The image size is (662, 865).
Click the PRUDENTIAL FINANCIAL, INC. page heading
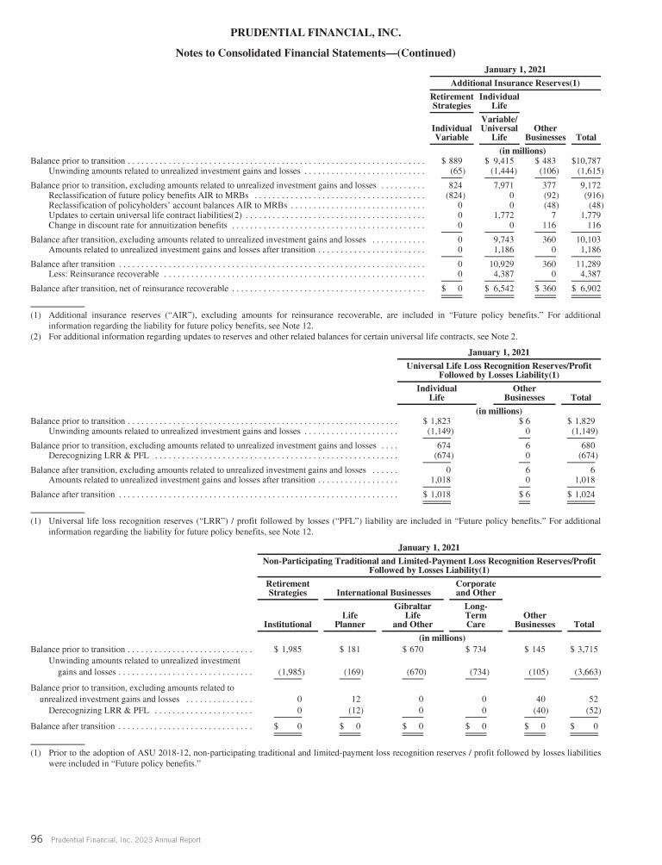coord(315,33)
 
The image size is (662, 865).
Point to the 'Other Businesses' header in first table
coord(545,132)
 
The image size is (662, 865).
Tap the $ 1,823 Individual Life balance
coord(437,420)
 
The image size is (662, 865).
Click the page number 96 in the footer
coord(37,838)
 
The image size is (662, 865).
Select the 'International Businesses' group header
coord(382,593)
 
